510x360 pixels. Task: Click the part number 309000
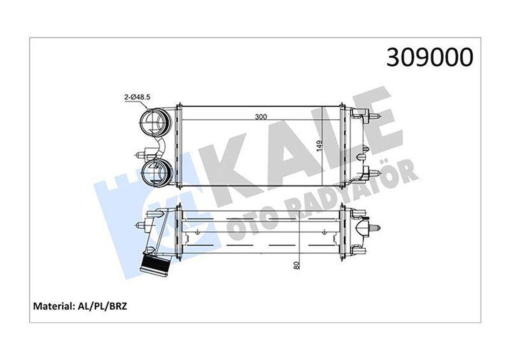click(430, 57)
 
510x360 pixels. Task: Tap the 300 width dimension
click(261, 116)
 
